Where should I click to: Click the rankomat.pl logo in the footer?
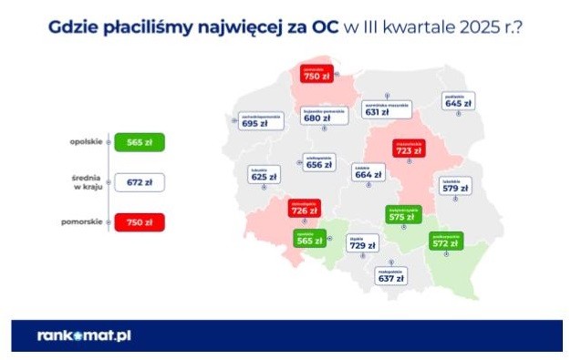85,334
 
